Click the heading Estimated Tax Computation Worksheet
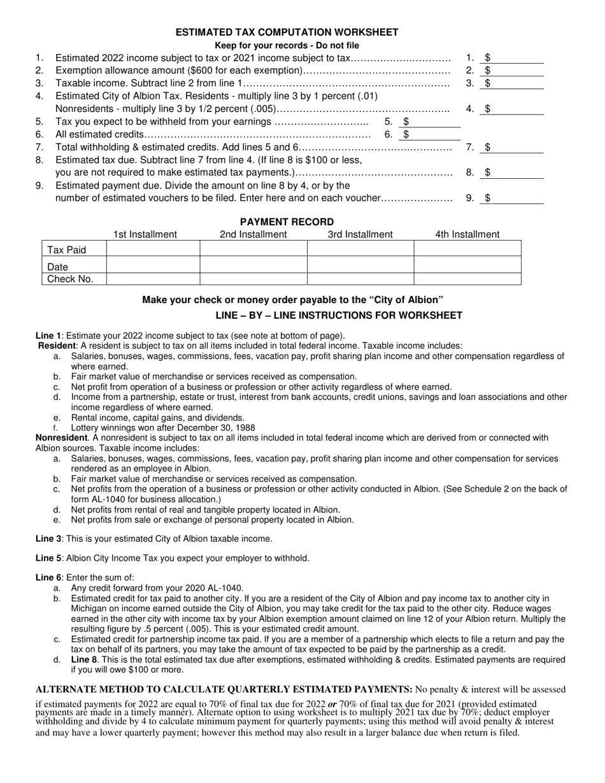tap(287, 32)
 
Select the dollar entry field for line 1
tap(516, 58)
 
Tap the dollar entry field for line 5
tap(433, 122)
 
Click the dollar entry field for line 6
tap(433, 134)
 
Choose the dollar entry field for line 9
tap(516, 198)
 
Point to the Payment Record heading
tap(287, 222)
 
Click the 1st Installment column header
tap(145, 234)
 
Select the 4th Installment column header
tap(467, 234)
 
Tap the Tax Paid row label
tap(67, 250)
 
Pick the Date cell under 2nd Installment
tap(253, 265)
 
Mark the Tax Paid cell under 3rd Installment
tap(360, 248)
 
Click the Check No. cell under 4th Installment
tap(467, 279)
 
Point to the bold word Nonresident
tap(61, 438)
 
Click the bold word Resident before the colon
tap(57, 346)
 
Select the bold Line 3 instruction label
tap(48, 539)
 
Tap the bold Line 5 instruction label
tap(48, 558)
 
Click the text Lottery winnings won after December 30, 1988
tap(163, 428)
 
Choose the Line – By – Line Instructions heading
tap(339, 316)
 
